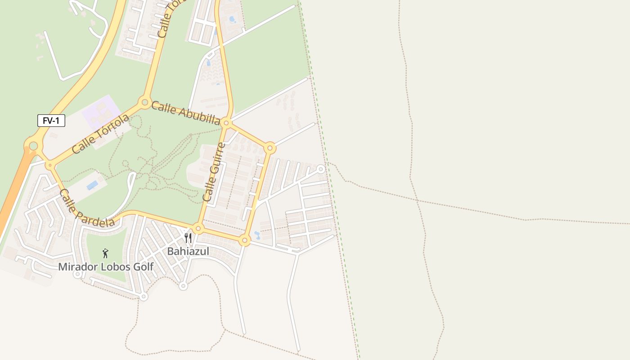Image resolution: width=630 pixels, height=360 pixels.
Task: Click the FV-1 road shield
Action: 51,121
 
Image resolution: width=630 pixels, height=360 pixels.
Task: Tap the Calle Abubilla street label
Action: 185,113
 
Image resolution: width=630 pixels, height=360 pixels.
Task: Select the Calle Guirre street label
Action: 214,172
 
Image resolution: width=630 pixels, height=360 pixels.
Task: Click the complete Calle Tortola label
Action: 100,134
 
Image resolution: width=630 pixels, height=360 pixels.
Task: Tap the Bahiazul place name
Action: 188,252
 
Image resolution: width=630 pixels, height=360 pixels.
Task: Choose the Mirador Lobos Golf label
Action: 106,267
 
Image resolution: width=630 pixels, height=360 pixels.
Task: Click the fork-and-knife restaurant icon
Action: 188,238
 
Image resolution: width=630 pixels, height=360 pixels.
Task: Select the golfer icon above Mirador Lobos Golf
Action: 105,253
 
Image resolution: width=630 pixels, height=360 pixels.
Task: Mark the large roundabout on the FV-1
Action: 33,146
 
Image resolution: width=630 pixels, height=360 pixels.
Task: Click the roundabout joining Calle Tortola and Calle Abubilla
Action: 145,103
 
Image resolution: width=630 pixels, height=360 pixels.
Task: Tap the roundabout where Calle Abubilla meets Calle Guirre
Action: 226,123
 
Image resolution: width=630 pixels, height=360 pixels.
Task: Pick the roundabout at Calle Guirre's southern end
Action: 198,229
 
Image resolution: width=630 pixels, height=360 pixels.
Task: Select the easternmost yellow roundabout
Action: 270,148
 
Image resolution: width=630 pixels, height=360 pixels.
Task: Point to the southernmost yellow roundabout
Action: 244,240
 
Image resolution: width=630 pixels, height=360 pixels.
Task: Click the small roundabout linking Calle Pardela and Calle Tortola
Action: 49,166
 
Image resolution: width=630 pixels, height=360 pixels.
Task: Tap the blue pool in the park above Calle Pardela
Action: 92,185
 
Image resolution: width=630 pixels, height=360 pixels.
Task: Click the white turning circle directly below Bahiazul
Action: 183,286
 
